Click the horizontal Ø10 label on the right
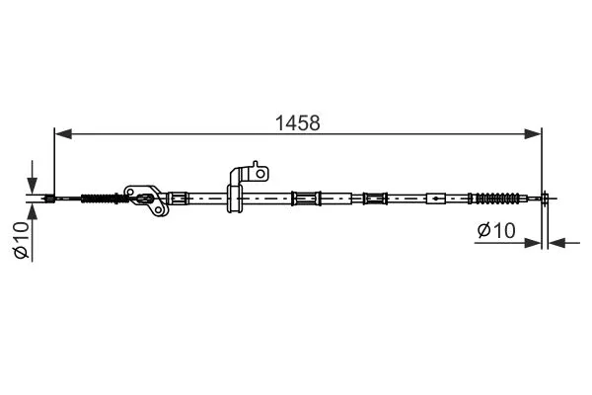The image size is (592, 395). [x=496, y=230]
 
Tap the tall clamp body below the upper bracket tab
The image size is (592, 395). [x=236, y=198]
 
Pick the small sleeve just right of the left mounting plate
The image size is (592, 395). [x=178, y=198]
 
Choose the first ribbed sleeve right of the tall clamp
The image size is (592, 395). [x=306, y=198]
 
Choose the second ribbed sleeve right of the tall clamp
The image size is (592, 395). [x=375, y=198]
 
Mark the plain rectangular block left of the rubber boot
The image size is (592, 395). [x=435, y=198]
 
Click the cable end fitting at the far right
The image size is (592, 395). [x=544, y=198]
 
